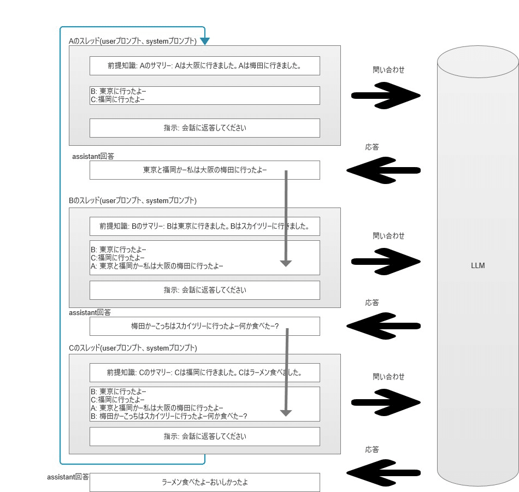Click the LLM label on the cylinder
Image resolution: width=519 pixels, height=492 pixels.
[477, 266]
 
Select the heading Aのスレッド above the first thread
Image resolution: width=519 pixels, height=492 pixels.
[133, 41]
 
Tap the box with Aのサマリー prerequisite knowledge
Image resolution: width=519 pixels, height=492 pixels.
[204, 66]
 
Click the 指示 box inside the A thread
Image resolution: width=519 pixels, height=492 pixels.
[204, 128]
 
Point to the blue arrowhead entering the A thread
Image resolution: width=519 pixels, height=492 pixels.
[205, 41]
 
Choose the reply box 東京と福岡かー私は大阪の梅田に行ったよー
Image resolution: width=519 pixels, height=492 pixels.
[204, 170]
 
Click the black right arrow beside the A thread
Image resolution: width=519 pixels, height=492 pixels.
[386, 96]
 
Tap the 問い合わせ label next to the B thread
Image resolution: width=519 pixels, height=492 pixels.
[388, 236]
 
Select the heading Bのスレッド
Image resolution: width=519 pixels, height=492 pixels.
[133, 201]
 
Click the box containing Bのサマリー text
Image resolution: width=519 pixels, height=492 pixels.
[204, 226]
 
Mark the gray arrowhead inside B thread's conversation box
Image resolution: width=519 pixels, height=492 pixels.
[286, 263]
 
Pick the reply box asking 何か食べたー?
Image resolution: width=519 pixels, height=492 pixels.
[204, 327]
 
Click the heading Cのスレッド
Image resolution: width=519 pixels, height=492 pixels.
[133, 348]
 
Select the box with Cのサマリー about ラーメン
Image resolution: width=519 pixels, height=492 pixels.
[204, 373]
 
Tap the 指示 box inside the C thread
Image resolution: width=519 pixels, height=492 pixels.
[204, 436]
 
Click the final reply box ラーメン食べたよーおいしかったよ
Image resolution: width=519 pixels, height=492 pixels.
[204, 482]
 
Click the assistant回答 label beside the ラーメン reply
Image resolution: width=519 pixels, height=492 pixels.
[68, 477]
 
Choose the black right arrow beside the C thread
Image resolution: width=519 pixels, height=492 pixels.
[386, 402]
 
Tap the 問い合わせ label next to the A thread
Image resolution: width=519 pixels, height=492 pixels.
[388, 69]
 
